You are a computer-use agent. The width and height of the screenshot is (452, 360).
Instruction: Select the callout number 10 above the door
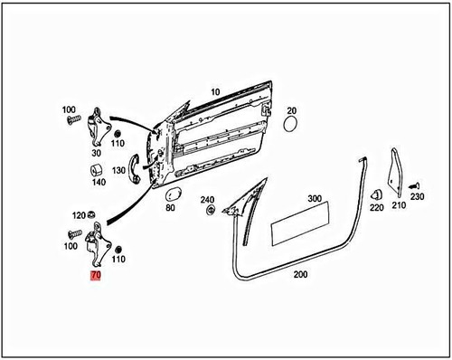(x=215, y=92)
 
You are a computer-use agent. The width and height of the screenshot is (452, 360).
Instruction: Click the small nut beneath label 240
(x=211, y=211)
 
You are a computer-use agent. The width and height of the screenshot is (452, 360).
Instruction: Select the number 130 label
(x=119, y=170)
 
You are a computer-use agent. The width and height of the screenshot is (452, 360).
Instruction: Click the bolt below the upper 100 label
(x=72, y=121)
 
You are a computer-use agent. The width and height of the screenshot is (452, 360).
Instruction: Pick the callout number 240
(x=208, y=200)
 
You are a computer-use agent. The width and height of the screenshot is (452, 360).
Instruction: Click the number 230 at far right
(x=417, y=196)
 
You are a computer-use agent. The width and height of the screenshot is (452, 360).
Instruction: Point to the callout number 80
(x=170, y=208)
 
